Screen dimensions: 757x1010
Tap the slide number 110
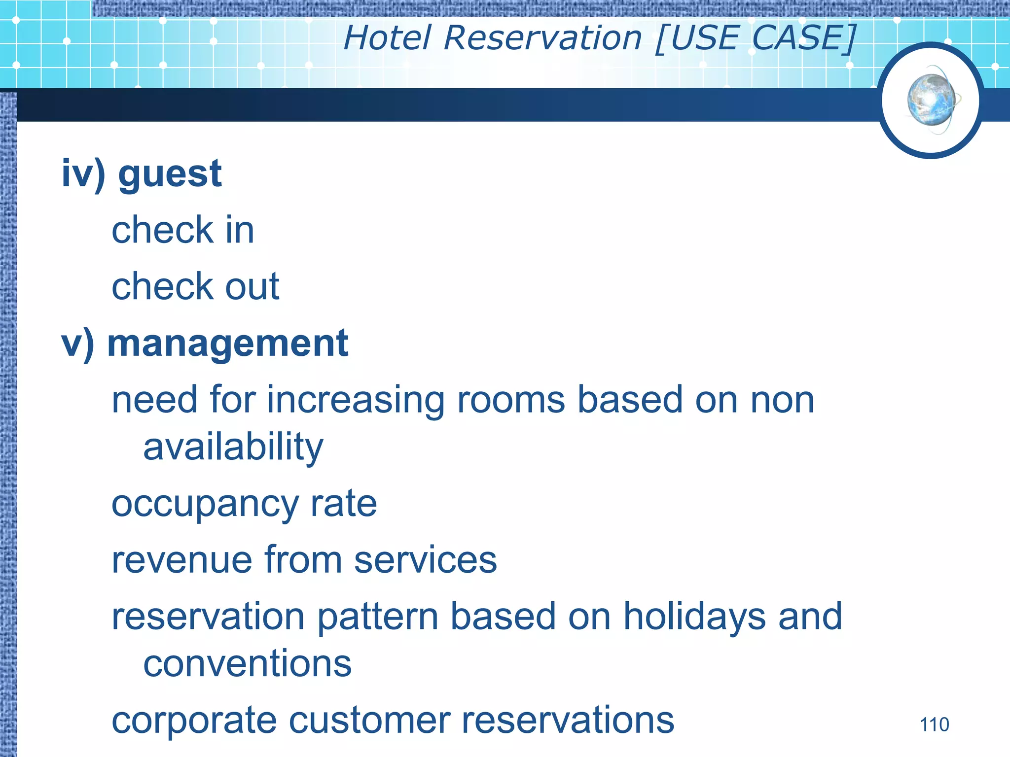click(934, 725)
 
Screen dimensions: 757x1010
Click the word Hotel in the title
click(388, 38)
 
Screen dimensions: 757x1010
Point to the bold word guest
click(170, 174)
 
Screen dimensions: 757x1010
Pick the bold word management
click(227, 344)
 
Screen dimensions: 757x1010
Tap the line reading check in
click(182, 230)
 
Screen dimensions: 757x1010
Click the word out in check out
click(252, 287)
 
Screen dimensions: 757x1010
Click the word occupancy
click(205, 505)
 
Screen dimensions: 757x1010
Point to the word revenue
click(181, 560)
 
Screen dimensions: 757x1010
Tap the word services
click(425, 560)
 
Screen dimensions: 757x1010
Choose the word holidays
click(694, 617)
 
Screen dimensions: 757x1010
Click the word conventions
click(247, 664)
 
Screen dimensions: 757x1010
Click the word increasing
click(356, 400)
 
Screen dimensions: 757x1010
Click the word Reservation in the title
click(542, 38)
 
